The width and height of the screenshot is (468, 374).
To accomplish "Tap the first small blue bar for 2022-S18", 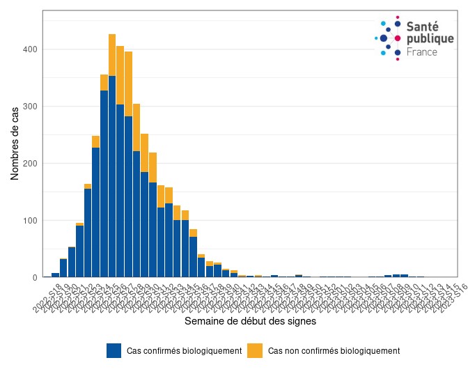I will [56, 275].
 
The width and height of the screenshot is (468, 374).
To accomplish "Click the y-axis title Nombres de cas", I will [15, 143].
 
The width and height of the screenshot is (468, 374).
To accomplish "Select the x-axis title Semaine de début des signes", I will [250, 322].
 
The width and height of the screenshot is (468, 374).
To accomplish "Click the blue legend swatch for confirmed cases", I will [114, 351].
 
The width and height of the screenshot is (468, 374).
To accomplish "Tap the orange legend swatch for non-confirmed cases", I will [256, 351].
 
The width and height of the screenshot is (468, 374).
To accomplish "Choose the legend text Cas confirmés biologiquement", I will [184, 351].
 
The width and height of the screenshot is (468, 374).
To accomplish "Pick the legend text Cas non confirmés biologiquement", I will [334, 351].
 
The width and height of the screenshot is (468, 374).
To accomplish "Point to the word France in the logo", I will [422, 52].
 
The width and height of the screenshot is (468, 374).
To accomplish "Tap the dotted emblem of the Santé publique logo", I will [389, 38].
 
